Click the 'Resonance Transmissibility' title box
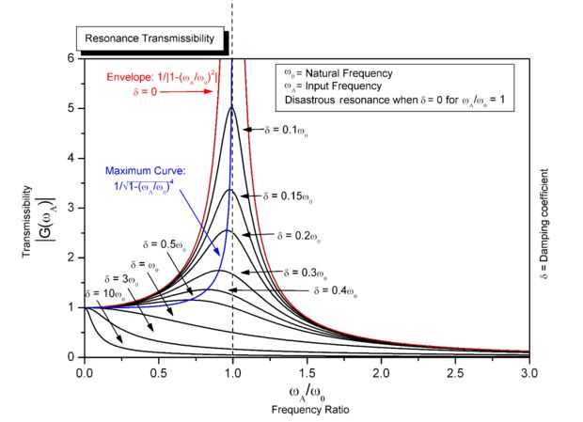coord(143,39)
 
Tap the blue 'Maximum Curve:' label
coord(144,172)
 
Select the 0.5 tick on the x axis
coord(159,372)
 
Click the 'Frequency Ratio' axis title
coord(304,410)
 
